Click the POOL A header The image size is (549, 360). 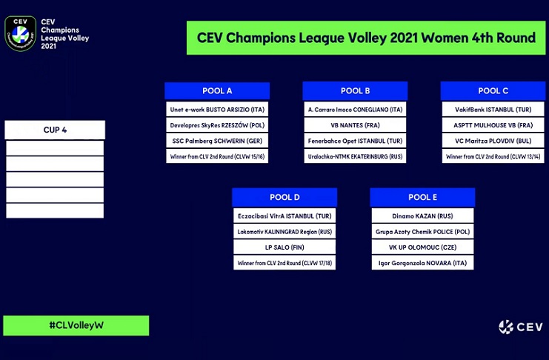click(x=217, y=90)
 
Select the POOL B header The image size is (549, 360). click(x=355, y=90)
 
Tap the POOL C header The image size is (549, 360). click(x=493, y=90)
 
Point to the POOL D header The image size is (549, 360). click(x=285, y=197)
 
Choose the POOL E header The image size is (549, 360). click(x=422, y=197)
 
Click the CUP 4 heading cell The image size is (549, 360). click(x=55, y=130)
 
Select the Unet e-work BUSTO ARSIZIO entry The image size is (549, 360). click(x=217, y=110)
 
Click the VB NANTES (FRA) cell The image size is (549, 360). click(x=355, y=125)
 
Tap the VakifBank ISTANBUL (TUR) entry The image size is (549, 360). click(x=493, y=110)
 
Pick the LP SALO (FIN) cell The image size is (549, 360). click(x=285, y=247)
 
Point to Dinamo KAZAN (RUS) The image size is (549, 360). click(x=422, y=216)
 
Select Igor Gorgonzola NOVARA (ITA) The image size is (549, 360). click(x=422, y=263)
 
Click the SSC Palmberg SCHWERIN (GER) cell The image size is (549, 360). click(x=217, y=141)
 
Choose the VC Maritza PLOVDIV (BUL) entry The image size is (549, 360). click(x=493, y=141)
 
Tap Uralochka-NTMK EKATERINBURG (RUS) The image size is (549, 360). click(x=355, y=156)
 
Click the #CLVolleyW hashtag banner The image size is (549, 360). click(x=76, y=325)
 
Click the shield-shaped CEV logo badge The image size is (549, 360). click(x=20, y=33)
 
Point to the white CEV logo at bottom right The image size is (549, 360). click(x=521, y=327)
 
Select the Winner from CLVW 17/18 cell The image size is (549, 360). click(x=285, y=263)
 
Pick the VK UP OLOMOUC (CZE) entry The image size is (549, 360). click(x=422, y=247)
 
